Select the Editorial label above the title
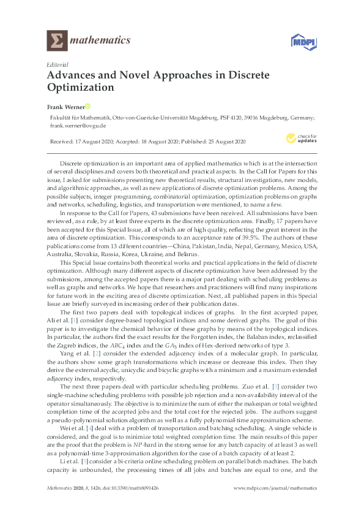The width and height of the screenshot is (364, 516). (58, 64)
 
